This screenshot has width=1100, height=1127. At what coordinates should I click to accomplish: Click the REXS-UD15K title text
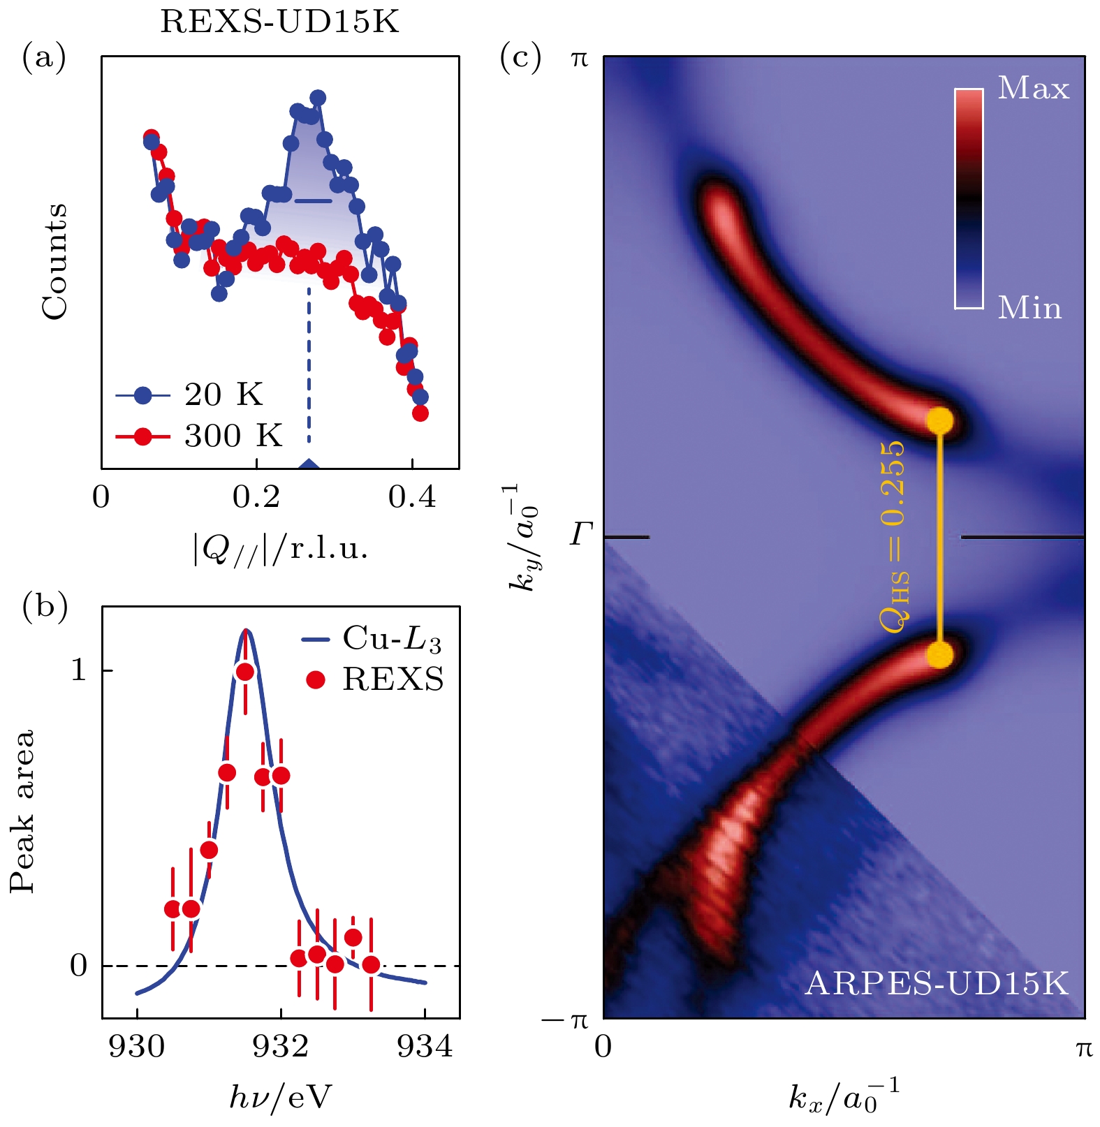pyautogui.click(x=279, y=22)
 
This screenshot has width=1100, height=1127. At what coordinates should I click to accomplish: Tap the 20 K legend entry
pyautogui.click(x=189, y=395)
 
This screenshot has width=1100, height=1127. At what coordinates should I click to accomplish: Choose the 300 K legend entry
pyautogui.click(x=198, y=436)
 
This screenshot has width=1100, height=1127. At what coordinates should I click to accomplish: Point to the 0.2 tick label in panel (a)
pyautogui.click(x=256, y=497)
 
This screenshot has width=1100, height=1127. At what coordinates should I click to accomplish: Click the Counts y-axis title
pyautogui.click(x=54, y=261)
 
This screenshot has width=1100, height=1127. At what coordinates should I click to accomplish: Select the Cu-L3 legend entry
pyautogui.click(x=372, y=639)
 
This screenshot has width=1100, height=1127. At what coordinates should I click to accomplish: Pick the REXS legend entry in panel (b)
pyautogui.click(x=376, y=679)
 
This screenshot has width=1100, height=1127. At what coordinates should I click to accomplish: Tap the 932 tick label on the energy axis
pyautogui.click(x=281, y=1047)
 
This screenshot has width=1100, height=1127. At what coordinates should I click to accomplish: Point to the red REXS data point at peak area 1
pyautogui.click(x=244, y=672)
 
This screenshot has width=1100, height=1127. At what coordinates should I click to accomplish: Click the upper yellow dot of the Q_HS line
pyautogui.click(x=939, y=420)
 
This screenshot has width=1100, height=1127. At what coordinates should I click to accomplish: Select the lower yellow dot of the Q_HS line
pyautogui.click(x=939, y=655)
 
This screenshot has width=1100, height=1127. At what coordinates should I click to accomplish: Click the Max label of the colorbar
pyautogui.click(x=1033, y=89)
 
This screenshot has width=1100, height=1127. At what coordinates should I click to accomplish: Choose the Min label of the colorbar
pyautogui.click(x=1029, y=308)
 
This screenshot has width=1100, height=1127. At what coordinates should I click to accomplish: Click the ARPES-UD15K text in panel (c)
pyautogui.click(x=937, y=983)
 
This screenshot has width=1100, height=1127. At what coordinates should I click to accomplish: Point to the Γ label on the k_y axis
pyautogui.click(x=581, y=536)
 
